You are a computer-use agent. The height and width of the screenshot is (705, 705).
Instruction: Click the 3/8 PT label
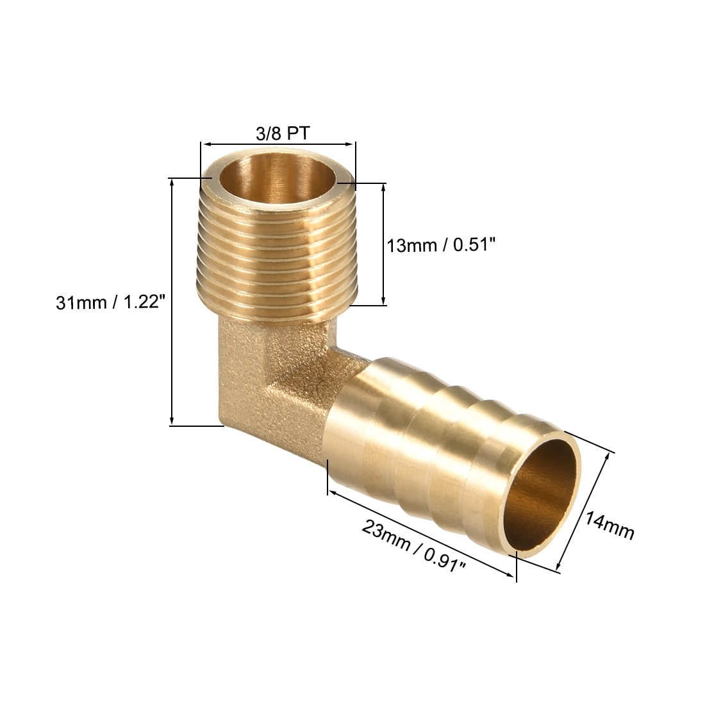click(283, 133)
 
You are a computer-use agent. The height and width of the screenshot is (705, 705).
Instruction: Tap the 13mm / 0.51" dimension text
click(441, 245)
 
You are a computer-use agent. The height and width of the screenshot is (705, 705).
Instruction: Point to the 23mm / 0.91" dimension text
click(413, 545)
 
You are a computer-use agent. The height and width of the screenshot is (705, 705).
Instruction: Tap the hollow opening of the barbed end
click(540, 494)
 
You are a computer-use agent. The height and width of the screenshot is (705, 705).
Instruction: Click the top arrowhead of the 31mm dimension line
click(171, 182)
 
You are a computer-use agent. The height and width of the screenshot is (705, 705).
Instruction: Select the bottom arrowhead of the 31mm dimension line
click(171, 421)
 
